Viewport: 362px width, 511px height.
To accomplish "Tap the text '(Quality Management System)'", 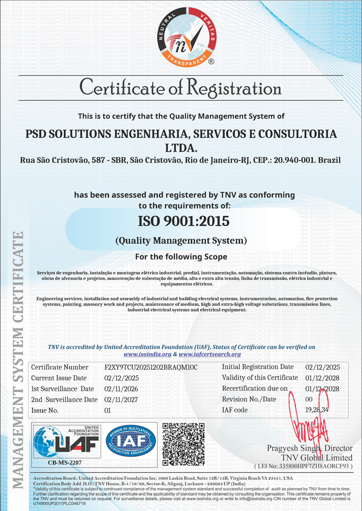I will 181,240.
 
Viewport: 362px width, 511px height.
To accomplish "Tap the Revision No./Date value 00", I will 308,399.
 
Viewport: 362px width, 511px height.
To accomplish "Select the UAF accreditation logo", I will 65,441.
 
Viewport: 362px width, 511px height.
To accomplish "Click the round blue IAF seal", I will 130,441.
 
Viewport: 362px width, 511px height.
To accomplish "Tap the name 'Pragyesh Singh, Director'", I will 309,448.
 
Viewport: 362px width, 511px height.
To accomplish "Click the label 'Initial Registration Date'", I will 258,367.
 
